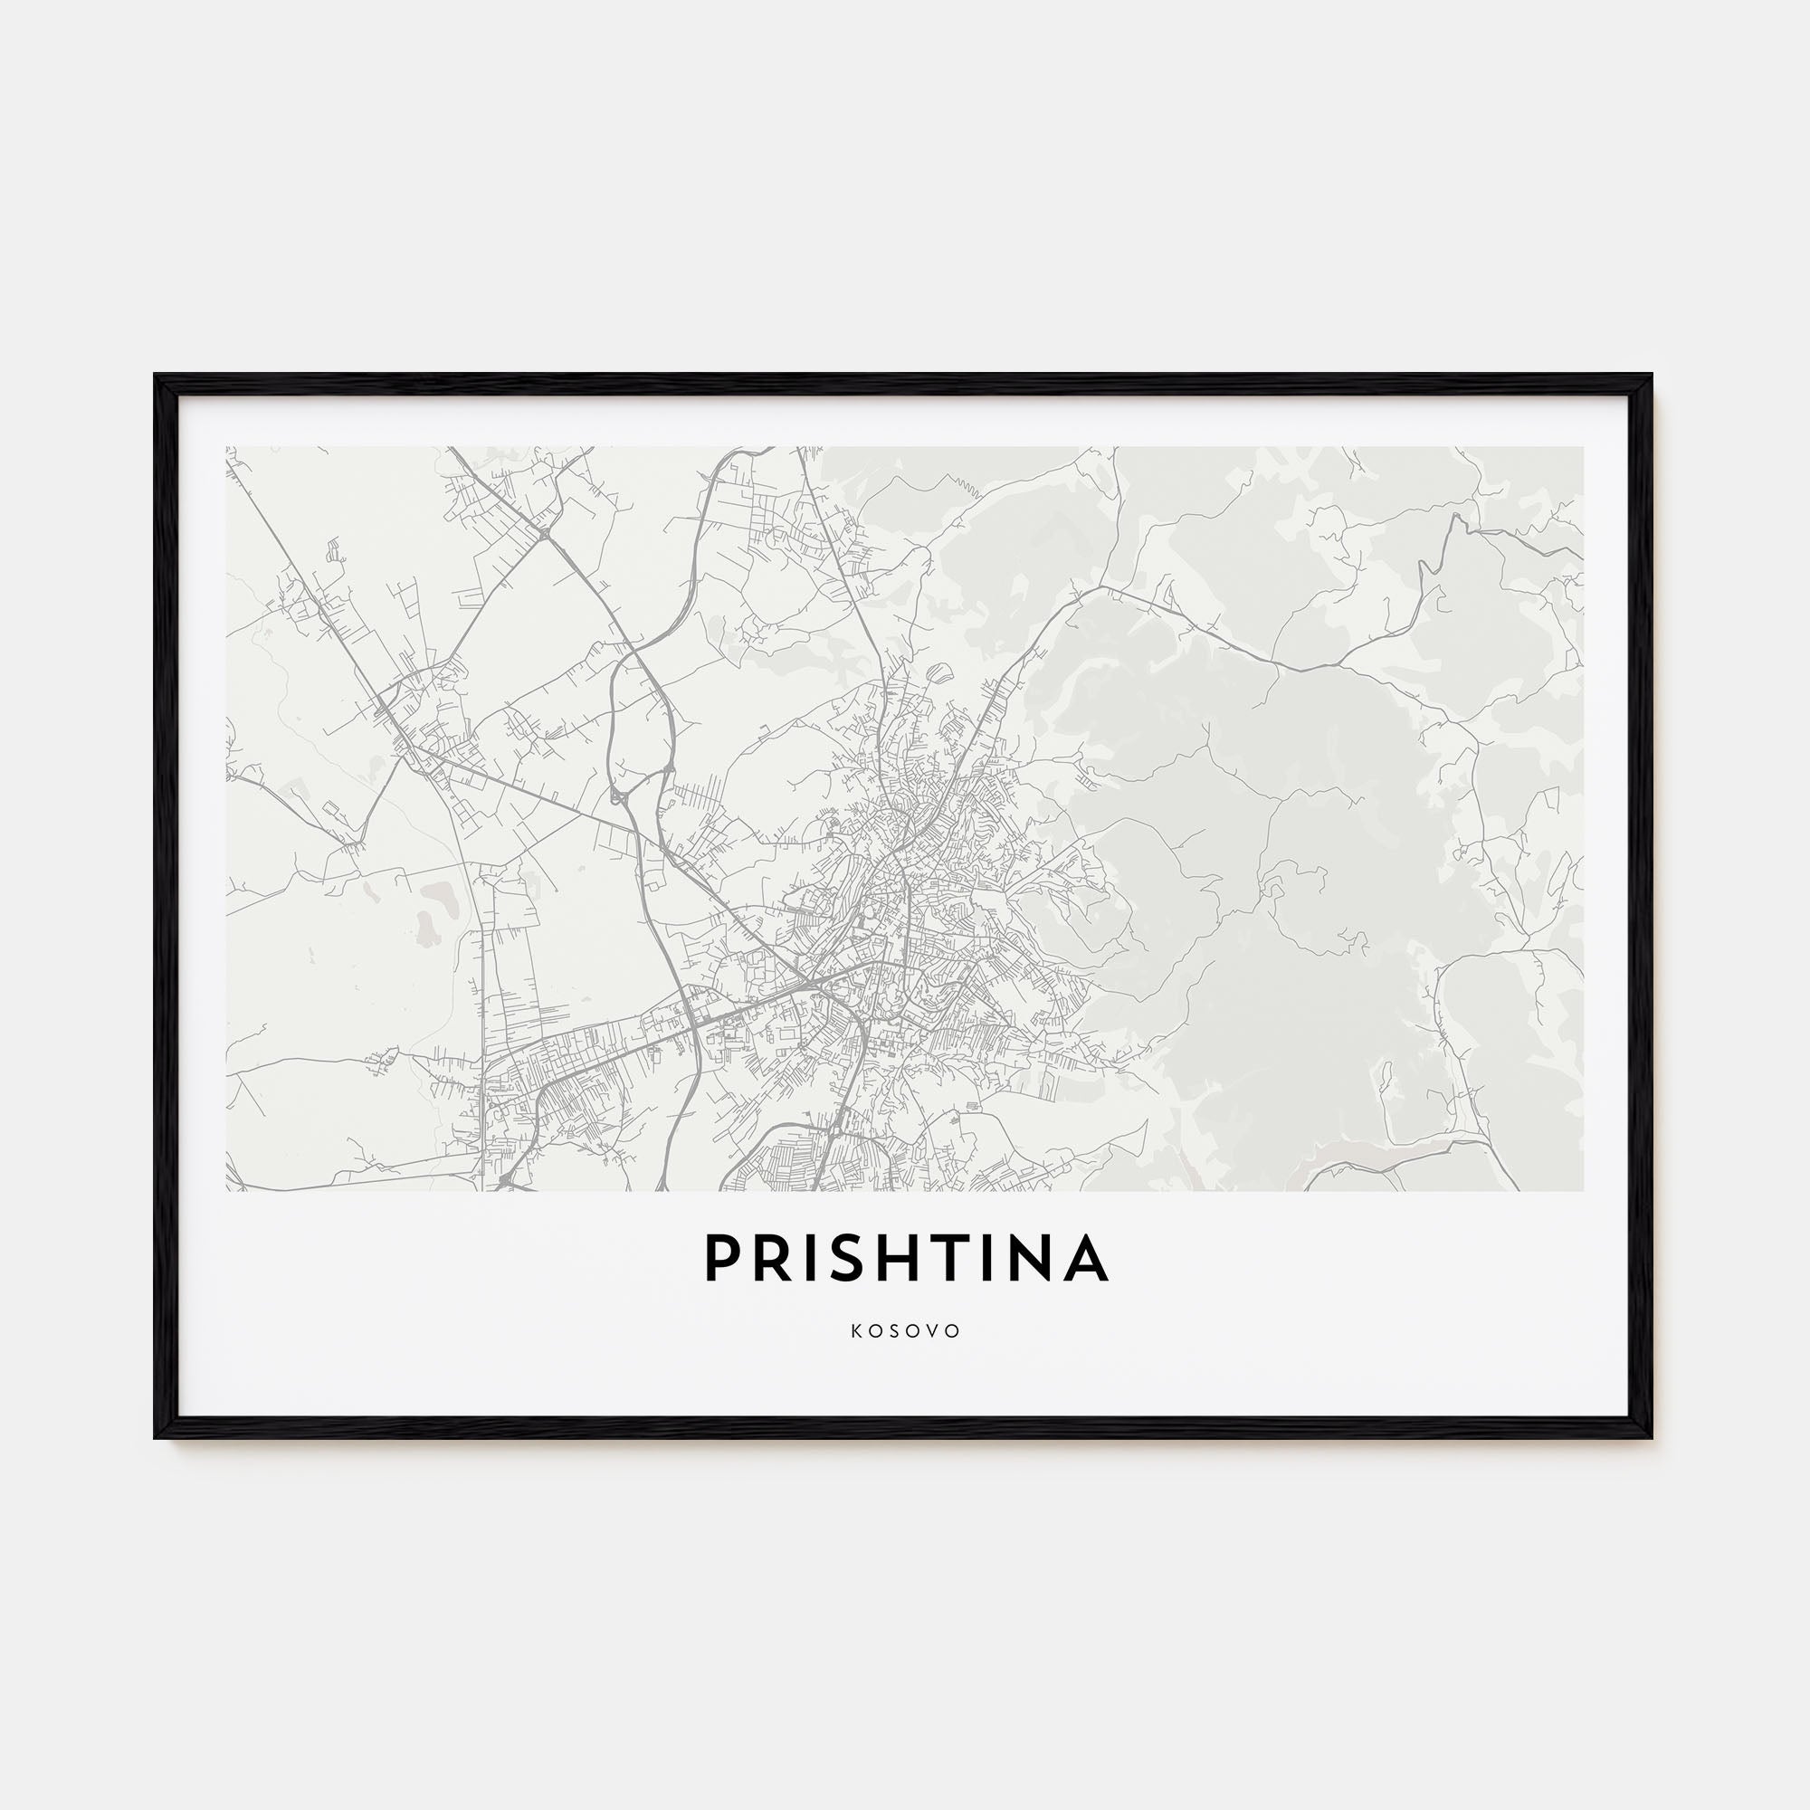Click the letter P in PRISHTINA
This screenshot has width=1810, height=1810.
(723, 1257)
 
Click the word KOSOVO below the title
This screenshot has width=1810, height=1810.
(906, 1331)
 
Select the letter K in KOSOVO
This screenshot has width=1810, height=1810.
(857, 1331)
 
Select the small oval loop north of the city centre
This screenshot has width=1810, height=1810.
(939, 671)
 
